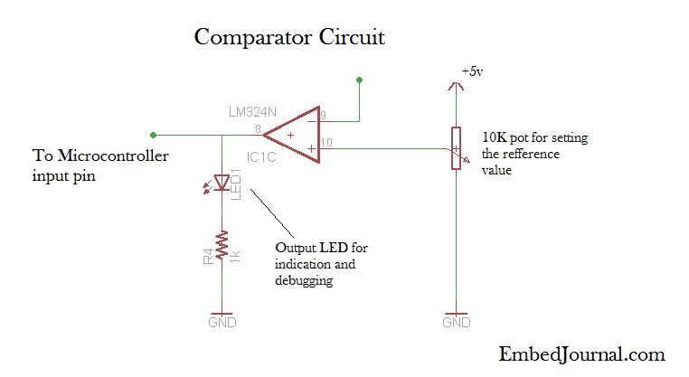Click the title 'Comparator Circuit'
[289, 38]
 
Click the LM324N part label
[253, 112]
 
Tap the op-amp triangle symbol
[294, 136]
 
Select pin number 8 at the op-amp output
[258, 129]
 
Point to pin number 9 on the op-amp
[324, 116]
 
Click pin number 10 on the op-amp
[326, 143]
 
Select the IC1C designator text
[261, 157]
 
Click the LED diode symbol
[222, 183]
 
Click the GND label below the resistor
[222, 322]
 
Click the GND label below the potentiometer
[457, 322]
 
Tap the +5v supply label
[473, 71]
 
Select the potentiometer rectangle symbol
[457, 146]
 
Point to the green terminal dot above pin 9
[360, 80]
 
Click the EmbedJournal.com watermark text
[581, 353]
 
